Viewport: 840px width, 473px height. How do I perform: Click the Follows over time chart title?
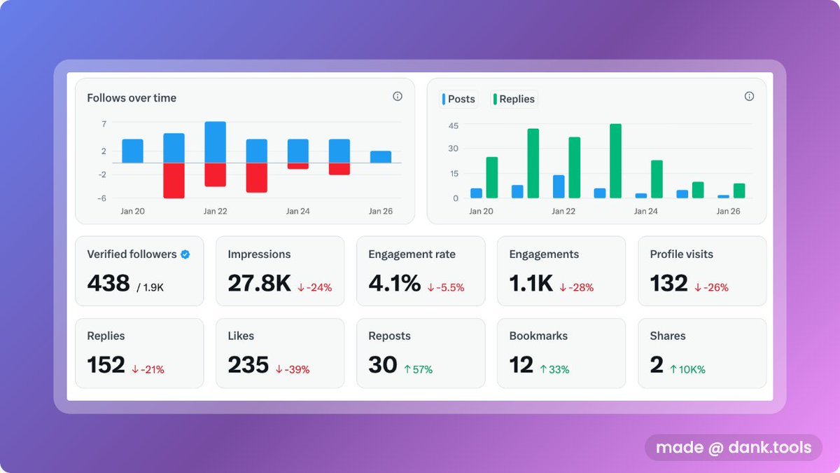coord(132,98)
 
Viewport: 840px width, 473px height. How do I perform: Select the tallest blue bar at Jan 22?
coord(215,142)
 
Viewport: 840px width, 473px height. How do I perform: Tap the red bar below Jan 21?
coord(174,180)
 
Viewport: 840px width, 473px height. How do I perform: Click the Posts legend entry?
coord(458,100)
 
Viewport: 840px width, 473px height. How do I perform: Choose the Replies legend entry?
coord(514,100)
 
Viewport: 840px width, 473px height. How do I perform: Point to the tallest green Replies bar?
coord(615,161)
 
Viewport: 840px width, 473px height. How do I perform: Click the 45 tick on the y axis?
coord(453,125)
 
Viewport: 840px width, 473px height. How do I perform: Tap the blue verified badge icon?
coord(185,255)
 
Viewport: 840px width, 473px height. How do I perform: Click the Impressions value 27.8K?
coord(259,283)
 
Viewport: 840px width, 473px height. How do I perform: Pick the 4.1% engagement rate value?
coord(394,283)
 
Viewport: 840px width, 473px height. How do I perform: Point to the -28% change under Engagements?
coord(576,287)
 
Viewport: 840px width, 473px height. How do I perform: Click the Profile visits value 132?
coord(668,283)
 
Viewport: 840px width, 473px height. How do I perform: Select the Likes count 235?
coord(248,365)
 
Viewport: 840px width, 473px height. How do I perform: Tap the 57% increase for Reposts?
coord(418,369)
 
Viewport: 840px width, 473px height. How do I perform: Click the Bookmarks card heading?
coord(538,336)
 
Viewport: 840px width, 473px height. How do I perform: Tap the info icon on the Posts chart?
coord(749,97)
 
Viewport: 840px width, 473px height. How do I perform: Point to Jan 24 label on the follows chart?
coord(297,211)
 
